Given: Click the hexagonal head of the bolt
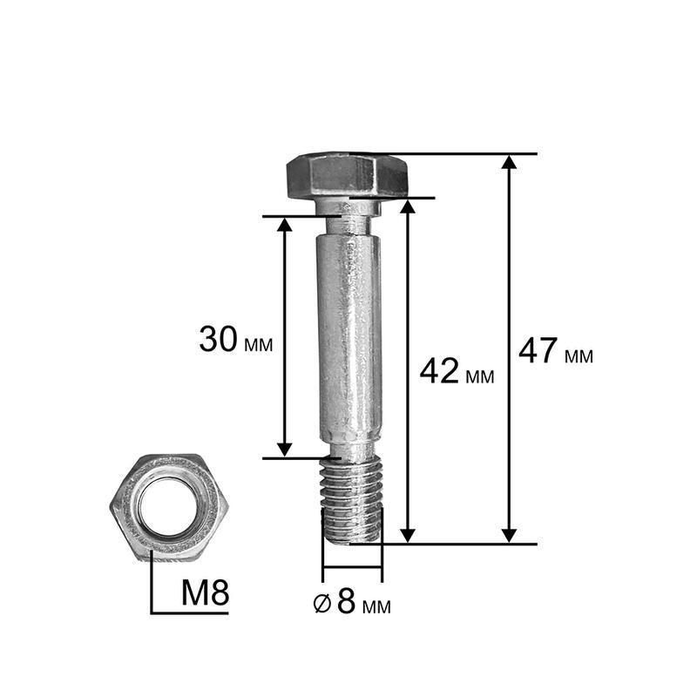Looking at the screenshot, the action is pyautogui.click(x=347, y=176).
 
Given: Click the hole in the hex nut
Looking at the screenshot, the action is pyautogui.click(x=169, y=506).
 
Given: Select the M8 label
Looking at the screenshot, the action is pyautogui.click(x=205, y=592).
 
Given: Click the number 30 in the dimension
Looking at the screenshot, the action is pyautogui.click(x=218, y=340).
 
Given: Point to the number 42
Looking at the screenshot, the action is pyautogui.click(x=439, y=371).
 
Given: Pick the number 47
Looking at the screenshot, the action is pyautogui.click(x=538, y=351).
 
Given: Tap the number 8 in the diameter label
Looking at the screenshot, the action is pyautogui.click(x=346, y=601).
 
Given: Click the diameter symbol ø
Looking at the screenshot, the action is pyautogui.click(x=322, y=604).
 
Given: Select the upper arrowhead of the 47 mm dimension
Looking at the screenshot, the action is pyautogui.click(x=509, y=162).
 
